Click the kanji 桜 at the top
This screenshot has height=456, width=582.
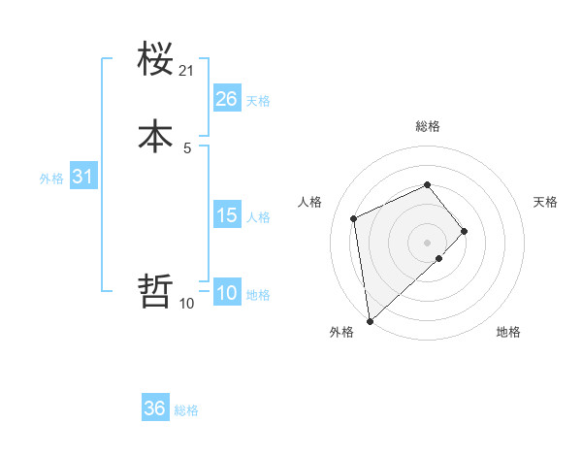[x=155, y=60]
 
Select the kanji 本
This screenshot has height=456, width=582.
[x=155, y=136]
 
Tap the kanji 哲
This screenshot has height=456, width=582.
[x=155, y=291]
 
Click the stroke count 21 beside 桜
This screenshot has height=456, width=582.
[x=187, y=71]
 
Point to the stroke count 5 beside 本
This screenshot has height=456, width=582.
[x=187, y=147]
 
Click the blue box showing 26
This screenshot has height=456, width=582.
[x=227, y=99]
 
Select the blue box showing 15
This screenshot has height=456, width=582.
[x=227, y=215]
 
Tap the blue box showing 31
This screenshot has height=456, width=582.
[x=82, y=178]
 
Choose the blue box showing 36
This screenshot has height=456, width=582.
[x=155, y=409]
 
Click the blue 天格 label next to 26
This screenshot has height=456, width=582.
[x=258, y=101]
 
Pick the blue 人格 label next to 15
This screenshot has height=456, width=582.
[x=259, y=217]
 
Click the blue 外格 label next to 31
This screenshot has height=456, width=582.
[x=51, y=179]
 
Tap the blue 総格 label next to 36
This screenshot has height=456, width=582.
[x=186, y=411]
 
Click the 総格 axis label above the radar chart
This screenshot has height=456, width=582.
[x=427, y=126]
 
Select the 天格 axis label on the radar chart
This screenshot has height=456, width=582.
[x=546, y=202]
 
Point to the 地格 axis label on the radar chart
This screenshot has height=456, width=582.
[x=508, y=333]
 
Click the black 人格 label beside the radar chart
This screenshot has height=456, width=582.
[x=309, y=202]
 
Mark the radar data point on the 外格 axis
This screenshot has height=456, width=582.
[x=369, y=321]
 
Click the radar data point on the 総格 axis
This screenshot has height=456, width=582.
[x=427, y=184]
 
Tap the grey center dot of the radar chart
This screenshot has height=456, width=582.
[x=427, y=242]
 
